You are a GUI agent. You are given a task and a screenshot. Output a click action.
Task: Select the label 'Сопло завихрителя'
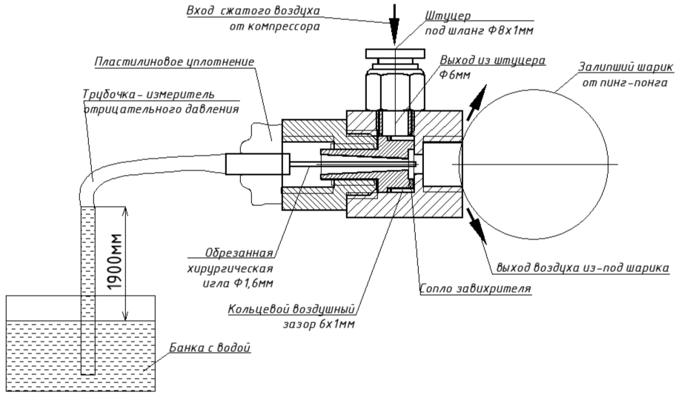(x=475, y=289)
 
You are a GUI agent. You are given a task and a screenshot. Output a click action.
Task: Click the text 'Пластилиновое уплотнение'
(x=174, y=61)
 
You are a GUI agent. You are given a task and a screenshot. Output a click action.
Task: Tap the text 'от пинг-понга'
(x=621, y=82)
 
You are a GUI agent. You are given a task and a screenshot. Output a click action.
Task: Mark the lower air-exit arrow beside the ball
(x=477, y=226)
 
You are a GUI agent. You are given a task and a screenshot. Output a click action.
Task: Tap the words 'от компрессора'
(x=274, y=27)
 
